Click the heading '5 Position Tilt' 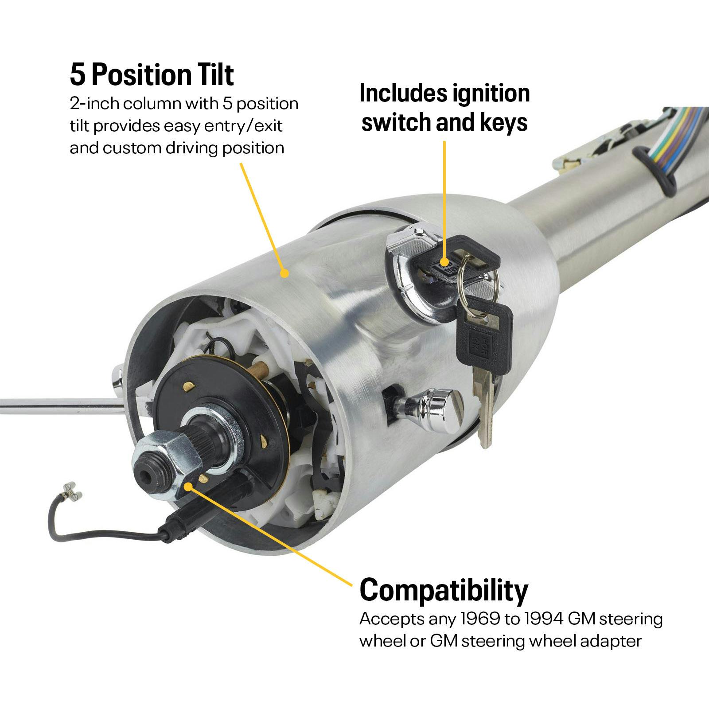pyautogui.click(x=152, y=74)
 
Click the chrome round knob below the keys pyautogui.click(x=441, y=410)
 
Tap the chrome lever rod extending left pyautogui.click(x=58, y=406)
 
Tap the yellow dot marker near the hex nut pyautogui.click(x=188, y=487)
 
